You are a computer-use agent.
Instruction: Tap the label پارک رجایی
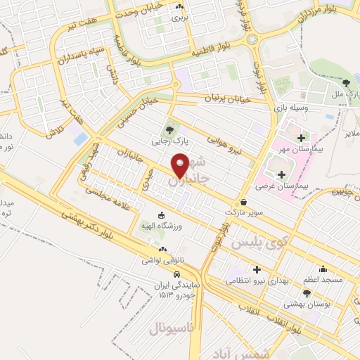168,141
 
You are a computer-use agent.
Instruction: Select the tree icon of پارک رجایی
168,129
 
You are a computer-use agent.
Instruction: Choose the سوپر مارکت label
243,211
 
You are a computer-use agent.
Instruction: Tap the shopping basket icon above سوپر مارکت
243,201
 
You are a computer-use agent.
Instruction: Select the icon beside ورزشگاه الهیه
163,214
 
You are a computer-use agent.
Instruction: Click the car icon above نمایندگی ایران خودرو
176,274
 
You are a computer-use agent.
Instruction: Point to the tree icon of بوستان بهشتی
307,293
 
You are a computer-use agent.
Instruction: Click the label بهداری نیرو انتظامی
257,280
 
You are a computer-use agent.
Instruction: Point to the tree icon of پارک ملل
345,84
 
